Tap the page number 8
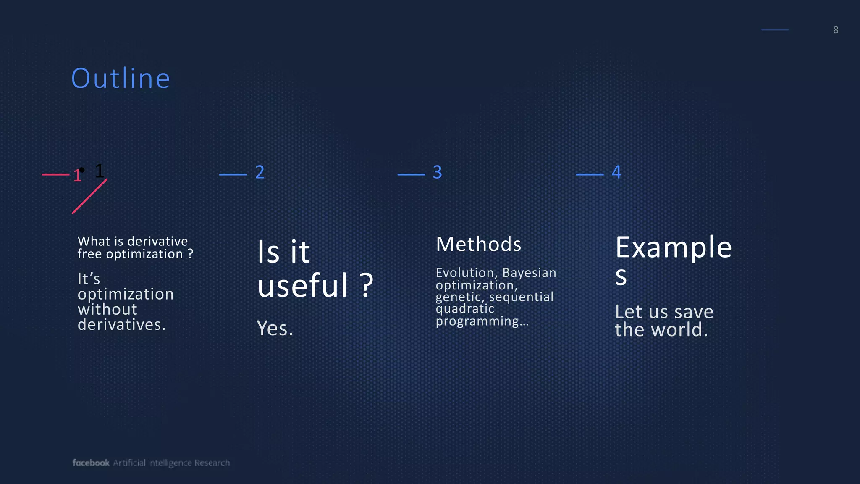836,30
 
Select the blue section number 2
260,172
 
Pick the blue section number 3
437,172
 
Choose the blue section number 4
616,172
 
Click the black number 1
100,171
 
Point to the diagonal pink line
89,197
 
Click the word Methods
478,244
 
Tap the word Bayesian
529,273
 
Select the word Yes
275,328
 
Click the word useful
303,285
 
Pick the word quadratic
465,309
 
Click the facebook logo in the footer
91,463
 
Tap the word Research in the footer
212,463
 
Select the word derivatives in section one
121,324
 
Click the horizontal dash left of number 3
411,174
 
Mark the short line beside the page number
775,30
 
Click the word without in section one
107,309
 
